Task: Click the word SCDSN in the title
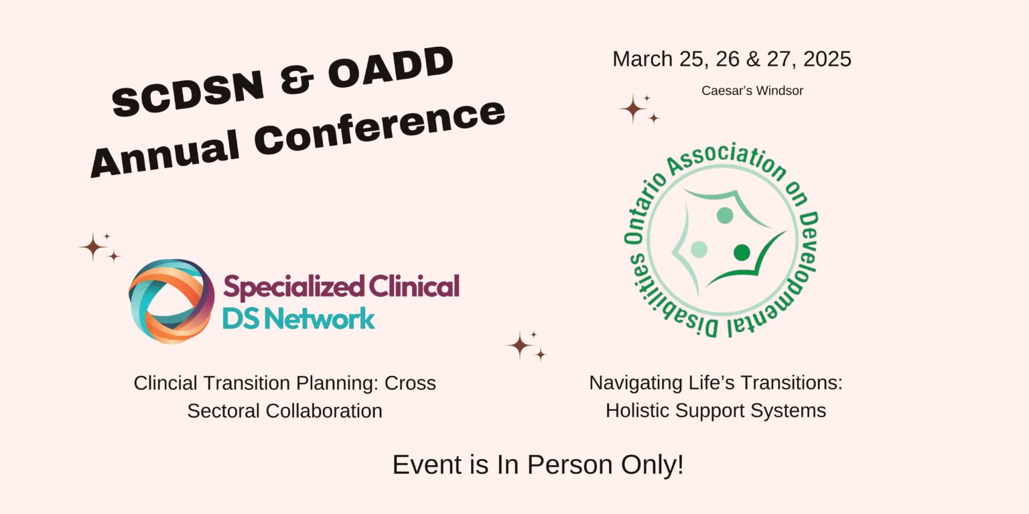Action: tap(188, 92)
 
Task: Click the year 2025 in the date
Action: tap(827, 59)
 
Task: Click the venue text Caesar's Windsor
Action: tap(752, 91)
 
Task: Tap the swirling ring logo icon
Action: tap(171, 301)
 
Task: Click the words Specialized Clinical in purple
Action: tap(341, 287)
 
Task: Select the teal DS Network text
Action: tap(299, 319)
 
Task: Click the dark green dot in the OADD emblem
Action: tap(742, 252)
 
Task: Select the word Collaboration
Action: tap(324, 411)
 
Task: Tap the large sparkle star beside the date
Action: tap(632, 109)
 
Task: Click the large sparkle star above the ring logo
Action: tap(93, 247)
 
